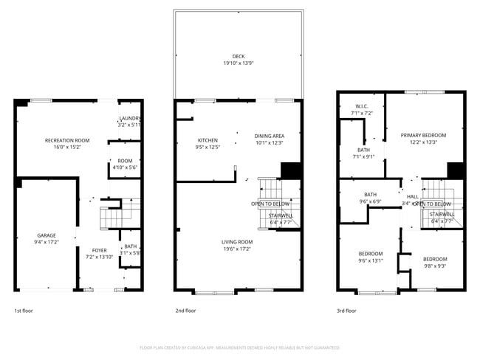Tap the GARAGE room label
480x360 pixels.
[x=47, y=235]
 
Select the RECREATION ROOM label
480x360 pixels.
[x=67, y=140]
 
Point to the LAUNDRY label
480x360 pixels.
[x=130, y=118]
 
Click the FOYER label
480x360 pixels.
[x=99, y=250]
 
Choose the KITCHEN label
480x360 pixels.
[x=208, y=140]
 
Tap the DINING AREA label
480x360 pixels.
[x=270, y=136]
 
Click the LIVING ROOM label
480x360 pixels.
[x=237, y=241]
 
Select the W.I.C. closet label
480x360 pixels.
[x=362, y=106]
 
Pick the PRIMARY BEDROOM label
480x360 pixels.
[x=423, y=136]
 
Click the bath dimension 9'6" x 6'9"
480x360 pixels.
[x=370, y=201]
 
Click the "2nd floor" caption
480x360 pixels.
[x=185, y=311]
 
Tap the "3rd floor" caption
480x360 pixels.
[x=346, y=311]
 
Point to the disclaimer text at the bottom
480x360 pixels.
[x=239, y=347]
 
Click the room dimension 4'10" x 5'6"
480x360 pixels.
[x=125, y=167]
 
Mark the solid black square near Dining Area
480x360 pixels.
[x=292, y=170]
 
